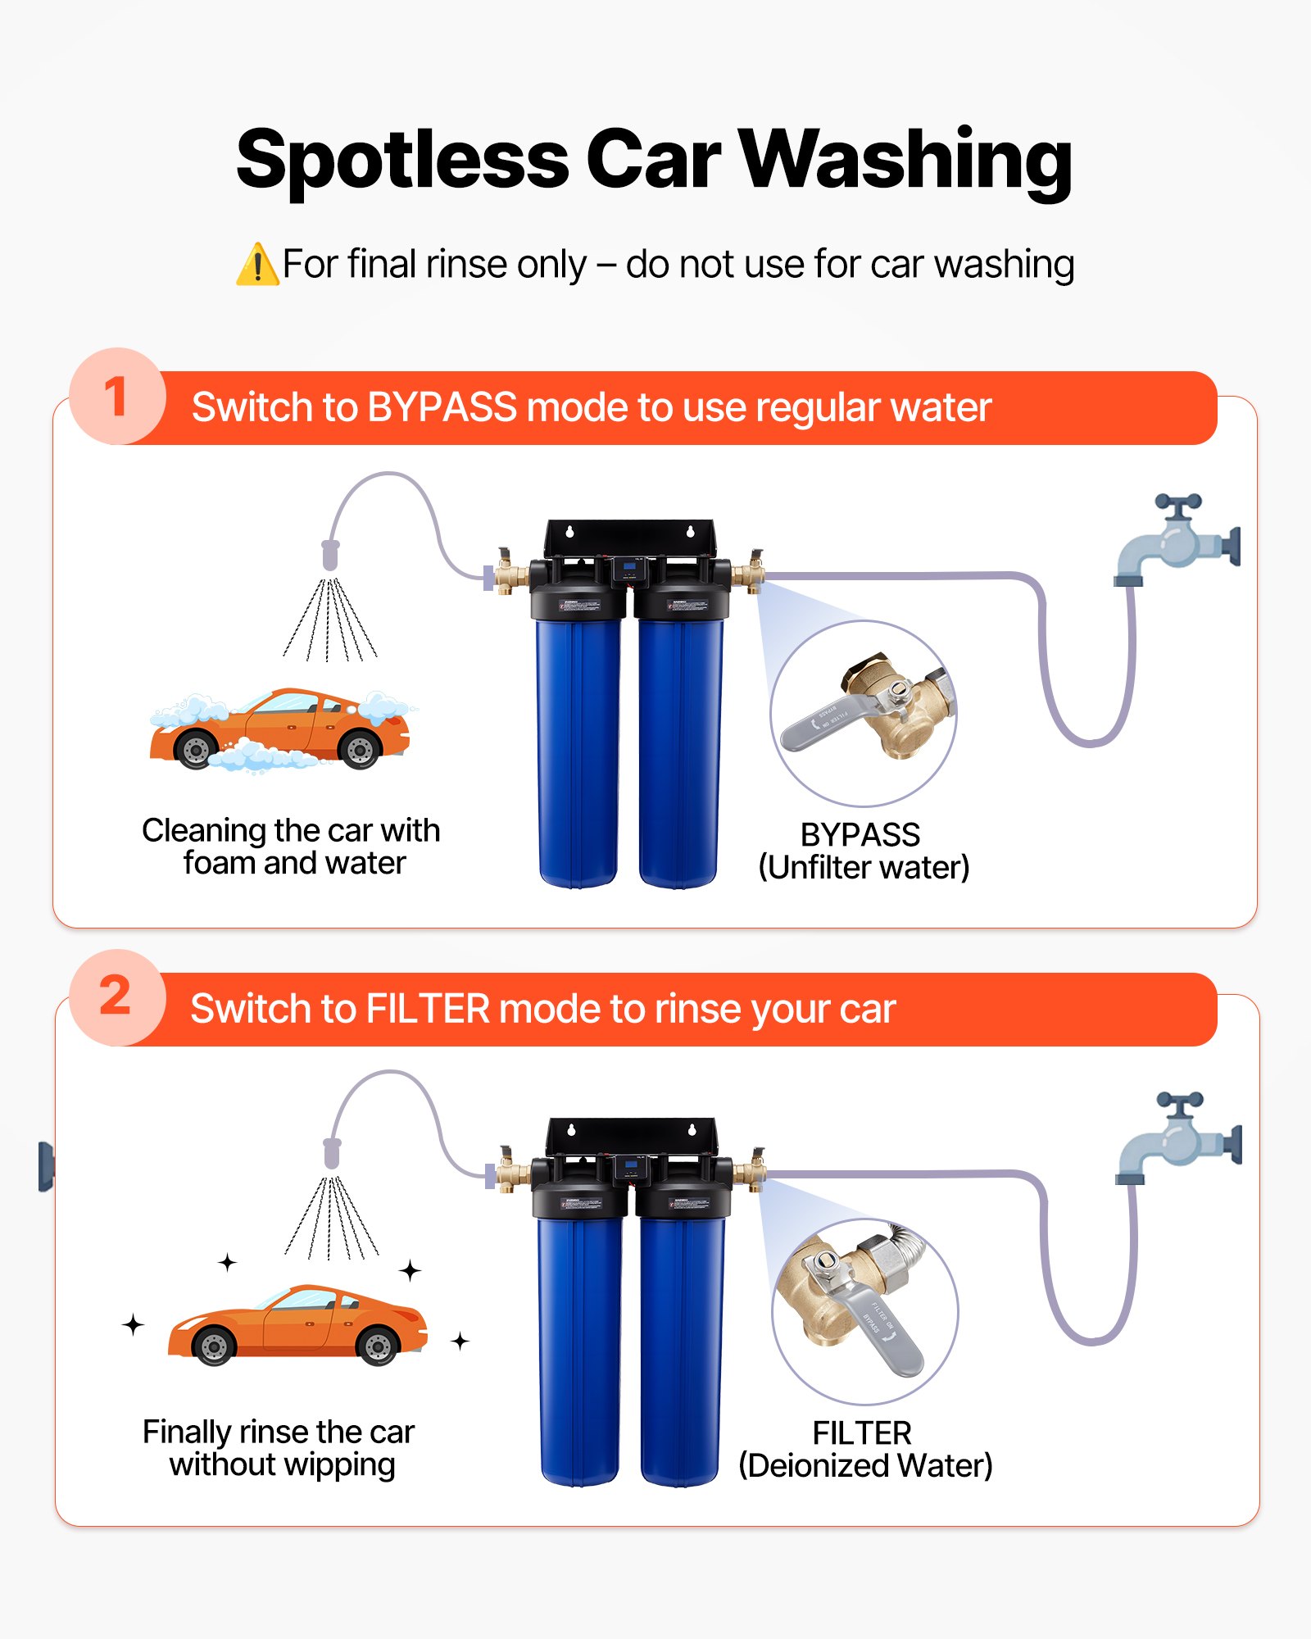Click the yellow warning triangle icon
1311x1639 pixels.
[257, 266]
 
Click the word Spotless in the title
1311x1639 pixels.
[401, 160]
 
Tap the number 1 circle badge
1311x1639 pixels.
[117, 397]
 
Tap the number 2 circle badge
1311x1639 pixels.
[117, 997]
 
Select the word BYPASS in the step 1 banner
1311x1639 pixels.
[442, 407]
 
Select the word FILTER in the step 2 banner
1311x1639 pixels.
[427, 1009]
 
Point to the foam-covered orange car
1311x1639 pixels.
[279, 729]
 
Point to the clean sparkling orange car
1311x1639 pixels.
[297, 1323]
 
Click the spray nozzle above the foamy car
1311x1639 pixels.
[330, 555]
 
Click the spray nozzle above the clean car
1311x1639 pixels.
[332, 1153]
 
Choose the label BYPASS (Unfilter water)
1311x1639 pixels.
[863, 851]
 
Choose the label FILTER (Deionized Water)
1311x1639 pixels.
[864, 1449]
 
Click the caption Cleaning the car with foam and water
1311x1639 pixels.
[291, 847]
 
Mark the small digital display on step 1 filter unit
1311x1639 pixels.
[629, 567]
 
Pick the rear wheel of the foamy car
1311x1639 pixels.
[360, 749]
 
